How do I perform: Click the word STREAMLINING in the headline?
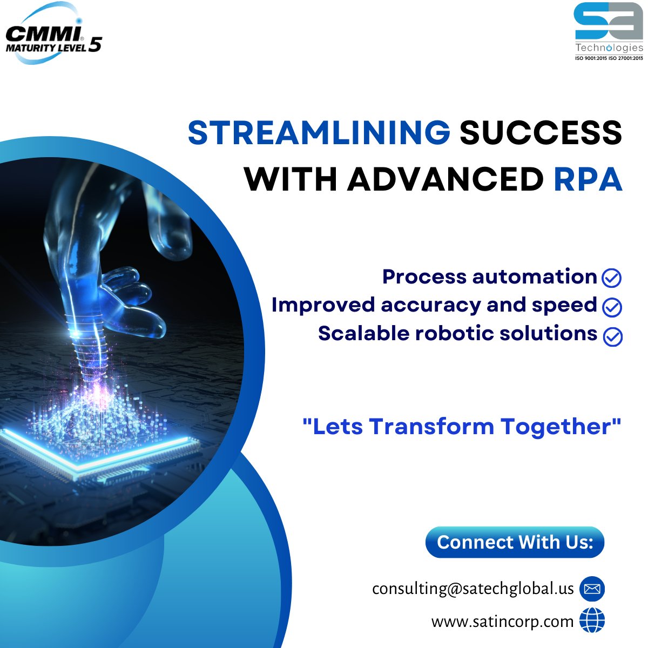click(319, 133)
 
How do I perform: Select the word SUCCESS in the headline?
click(541, 133)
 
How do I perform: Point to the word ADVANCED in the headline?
click(445, 179)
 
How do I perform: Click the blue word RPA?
click(588, 179)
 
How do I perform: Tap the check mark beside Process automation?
click(611, 278)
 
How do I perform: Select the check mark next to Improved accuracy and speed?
click(611, 307)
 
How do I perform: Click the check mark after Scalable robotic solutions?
click(612, 336)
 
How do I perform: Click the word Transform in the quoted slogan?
click(432, 427)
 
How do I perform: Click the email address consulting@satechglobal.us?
click(473, 588)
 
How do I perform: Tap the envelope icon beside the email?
click(592, 589)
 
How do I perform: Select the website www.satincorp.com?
click(502, 622)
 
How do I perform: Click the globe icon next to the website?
click(592, 620)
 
